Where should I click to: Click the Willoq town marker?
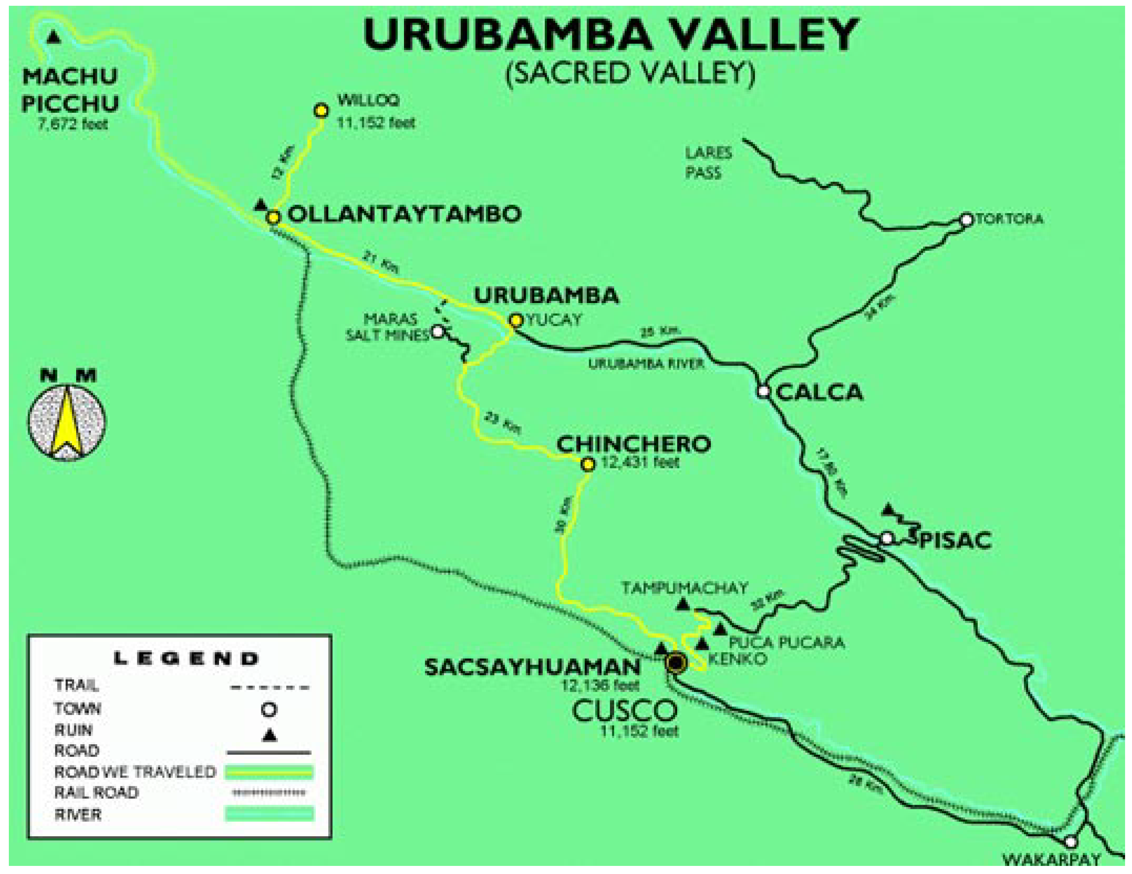pos(321,111)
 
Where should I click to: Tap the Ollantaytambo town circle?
pos(273,217)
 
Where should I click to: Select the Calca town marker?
pos(763,392)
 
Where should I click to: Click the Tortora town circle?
pos(966,219)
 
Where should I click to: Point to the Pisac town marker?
pos(887,538)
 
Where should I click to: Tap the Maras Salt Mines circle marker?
pos(438,331)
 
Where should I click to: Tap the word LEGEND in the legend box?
pos(185,659)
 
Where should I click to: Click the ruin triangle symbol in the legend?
pos(269,735)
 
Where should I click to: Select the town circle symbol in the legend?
pos(269,709)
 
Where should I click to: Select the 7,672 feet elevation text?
pos(73,124)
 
